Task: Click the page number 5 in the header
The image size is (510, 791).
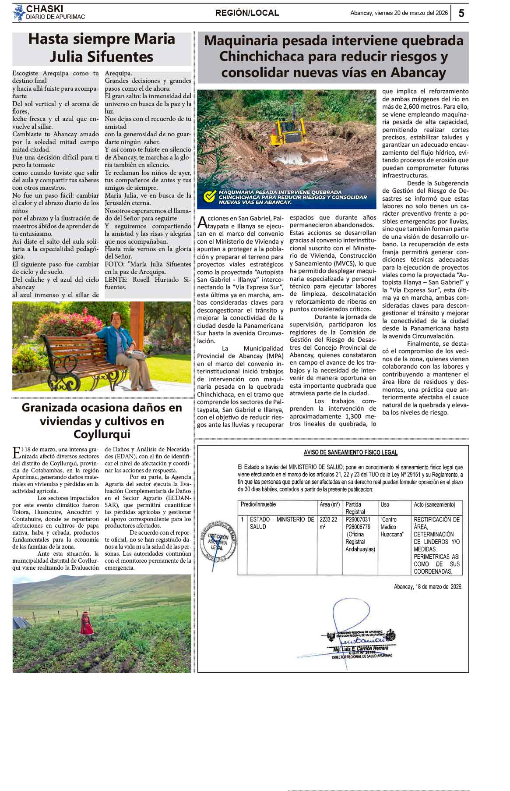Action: (x=461, y=13)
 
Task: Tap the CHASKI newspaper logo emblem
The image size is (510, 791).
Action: (x=19, y=13)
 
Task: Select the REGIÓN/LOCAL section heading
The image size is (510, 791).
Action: (x=247, y=13)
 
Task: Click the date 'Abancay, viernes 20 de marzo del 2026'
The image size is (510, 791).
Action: (x=399, y=13)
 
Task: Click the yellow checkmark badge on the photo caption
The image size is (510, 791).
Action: (x=210, y=197)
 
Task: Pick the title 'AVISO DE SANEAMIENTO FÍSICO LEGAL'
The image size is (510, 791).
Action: (x=350, y=452)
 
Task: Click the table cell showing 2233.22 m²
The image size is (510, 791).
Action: (x=329, y=523)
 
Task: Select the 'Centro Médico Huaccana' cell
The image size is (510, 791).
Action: (x=391, y=527)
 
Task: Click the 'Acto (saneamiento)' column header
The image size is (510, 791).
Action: (x=434, y=504)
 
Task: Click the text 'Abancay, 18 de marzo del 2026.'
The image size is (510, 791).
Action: (x=428, y=586)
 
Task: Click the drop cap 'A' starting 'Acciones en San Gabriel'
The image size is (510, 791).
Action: (x=202, y=223)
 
